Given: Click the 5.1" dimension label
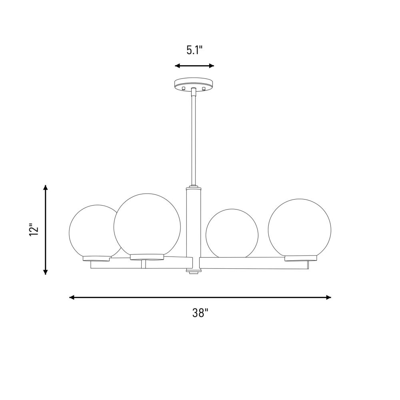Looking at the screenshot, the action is [x=194, y=50].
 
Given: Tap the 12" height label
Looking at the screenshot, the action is [x=34, y=230].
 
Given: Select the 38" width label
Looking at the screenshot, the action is [x=200, y=313].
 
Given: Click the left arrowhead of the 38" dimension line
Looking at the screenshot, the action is [x=72, y=297].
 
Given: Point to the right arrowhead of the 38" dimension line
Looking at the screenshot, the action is [x=328, y=297].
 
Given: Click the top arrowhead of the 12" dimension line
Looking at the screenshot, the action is [x=46, y=188].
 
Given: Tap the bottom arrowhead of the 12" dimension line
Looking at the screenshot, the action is [x=46, y=272].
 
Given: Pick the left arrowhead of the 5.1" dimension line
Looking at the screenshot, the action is [x=178, y=66].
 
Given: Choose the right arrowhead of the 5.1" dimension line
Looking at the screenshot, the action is [x=211, y=66].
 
